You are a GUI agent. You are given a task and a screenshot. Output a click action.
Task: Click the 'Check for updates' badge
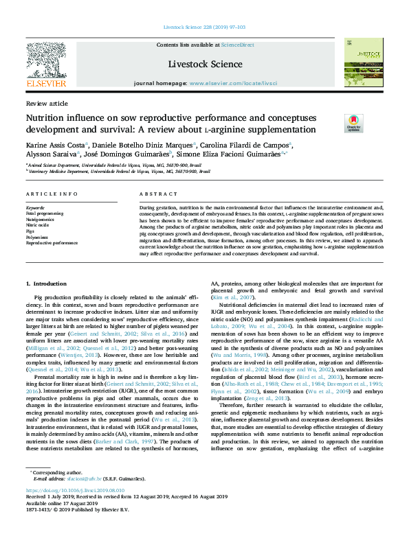point(334,123)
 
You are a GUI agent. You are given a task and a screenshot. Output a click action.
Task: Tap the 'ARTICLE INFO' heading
point(52,194)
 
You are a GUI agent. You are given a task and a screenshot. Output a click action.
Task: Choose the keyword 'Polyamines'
point(38,237)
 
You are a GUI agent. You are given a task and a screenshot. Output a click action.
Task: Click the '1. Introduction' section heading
point(46,283)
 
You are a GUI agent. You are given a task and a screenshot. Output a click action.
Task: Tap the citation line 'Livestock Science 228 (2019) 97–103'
point(204,27)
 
